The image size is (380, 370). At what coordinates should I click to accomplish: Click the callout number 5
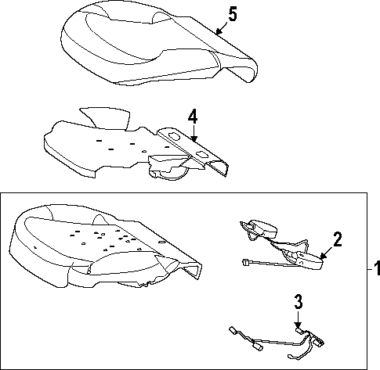click(233, 14)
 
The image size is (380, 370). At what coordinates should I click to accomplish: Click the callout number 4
click(193, 117)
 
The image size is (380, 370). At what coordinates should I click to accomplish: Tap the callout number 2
click(338, 239)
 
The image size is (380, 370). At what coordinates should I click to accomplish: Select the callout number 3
click(299, 301)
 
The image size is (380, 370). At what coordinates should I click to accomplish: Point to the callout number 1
click(377, 268)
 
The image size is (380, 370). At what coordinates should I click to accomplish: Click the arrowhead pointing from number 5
click(219, 31)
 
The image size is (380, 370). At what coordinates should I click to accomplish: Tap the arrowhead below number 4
click(194, 138)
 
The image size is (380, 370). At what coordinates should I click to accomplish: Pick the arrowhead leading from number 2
click(323, 256)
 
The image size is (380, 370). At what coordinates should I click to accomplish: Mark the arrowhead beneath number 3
click(298, 325)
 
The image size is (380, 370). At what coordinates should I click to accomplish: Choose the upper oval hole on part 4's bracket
click(174, 136)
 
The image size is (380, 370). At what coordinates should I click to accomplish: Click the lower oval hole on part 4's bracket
click(201, 155)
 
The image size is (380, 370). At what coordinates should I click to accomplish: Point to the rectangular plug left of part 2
click(245, 262)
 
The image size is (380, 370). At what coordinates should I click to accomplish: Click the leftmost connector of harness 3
click(233, 330)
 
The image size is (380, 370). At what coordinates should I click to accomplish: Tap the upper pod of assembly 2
click(262, 228)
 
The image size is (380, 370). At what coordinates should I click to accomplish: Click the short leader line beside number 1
click(370, 269)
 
